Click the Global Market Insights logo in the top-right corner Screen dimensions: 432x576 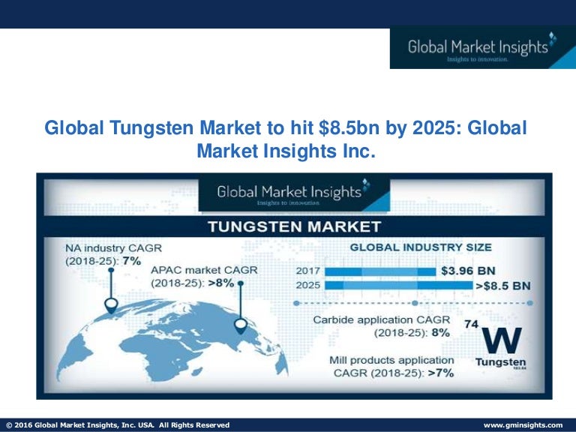point(481,49)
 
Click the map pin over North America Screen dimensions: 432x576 point(111,305)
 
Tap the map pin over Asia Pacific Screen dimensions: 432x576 point(240,325)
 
